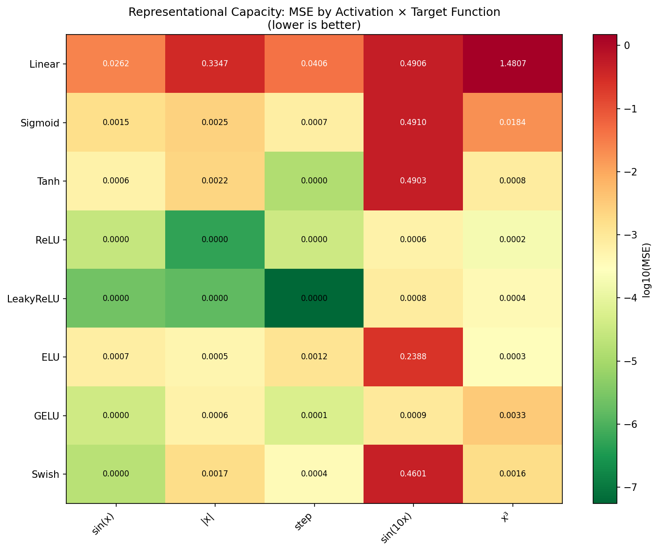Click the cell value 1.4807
512,64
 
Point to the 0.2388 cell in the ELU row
413,357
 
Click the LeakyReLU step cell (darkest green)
314,298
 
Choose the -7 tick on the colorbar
627,487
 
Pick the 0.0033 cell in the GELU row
512,416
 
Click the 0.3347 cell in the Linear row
215,64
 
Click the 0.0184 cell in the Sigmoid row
512,123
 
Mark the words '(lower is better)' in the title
314,25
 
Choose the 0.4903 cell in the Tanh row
413,181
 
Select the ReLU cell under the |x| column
215,240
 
